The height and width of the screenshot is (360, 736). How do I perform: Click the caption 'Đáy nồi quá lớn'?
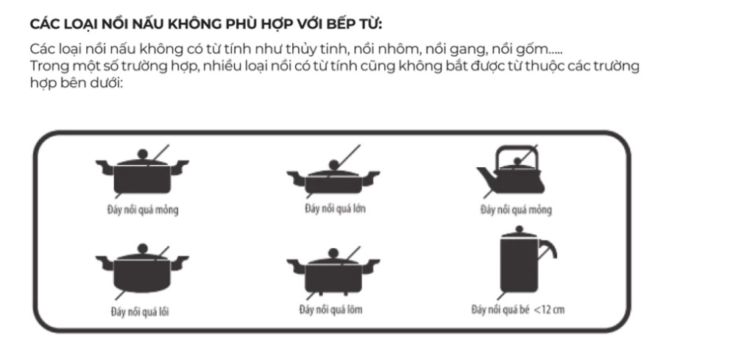pos(335,208)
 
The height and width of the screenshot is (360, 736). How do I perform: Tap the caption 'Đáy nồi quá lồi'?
pos(140,310)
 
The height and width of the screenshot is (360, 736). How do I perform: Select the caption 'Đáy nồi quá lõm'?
pos(330,309)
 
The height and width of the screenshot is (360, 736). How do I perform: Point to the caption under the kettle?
pos(515,210)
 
